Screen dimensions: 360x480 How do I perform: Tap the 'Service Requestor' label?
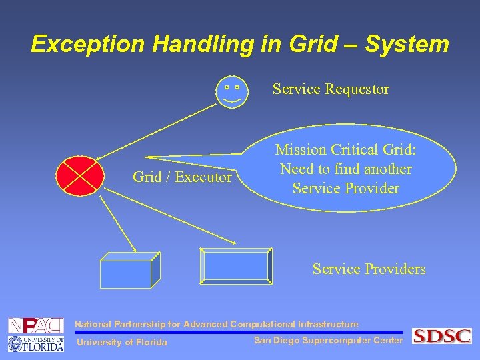pyautogui.click(x=331, y=89)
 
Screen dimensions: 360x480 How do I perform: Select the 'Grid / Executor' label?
pyautogui.click(x=182, y=177)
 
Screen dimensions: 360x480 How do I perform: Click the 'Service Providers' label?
pyautogui.click(x=369, y=269)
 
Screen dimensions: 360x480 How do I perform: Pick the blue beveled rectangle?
pyautogui.click(x=237, y=265)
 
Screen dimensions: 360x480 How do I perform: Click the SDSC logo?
pyautogui.click(x=441, y=336)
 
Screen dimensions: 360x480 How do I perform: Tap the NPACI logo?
pyautogui.click(x=35, y=326)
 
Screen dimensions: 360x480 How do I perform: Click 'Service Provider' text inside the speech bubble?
pyautogui.click(x=345, y=188)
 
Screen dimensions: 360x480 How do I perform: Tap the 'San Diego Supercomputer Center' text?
pyautogui.click(x=328, y=341)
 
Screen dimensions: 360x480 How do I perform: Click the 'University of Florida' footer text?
pyautogui.click(x=123, y=343)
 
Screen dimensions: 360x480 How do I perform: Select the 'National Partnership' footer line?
pyautogui.click(x=216, y=325)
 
